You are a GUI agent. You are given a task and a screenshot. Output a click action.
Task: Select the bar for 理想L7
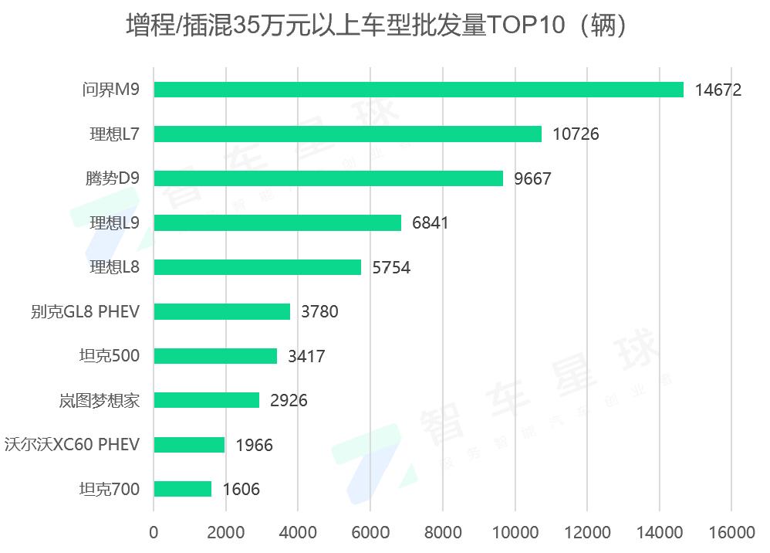(x=347, y=134)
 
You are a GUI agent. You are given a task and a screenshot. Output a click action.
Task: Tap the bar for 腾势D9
(x=328, y=178)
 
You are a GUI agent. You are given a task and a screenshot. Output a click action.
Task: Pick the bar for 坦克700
(x=182, y=489)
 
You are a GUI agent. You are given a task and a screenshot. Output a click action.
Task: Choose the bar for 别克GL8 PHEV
(x=221, y=311)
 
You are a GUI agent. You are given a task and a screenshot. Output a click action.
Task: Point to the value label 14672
(x=718, y=90)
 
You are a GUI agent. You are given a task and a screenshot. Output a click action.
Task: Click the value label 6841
(x=430, y=223)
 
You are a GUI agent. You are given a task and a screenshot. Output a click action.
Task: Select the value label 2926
(x=289, y=401)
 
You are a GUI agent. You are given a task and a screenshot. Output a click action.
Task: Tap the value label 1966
(x=254, y=445)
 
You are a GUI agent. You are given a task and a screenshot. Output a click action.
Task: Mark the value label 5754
(x=390, y=267)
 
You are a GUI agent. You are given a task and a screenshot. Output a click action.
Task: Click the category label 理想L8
(x=114, y=267)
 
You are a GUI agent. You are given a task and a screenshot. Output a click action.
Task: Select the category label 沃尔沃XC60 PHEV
(x=72, y=445)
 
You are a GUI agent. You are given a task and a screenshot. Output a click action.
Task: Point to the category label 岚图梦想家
(x=99, y=401)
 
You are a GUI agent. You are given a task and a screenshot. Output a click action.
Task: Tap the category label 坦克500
(x=110, y=356)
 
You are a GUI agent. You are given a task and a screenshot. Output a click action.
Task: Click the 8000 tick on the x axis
(x=443, y=533)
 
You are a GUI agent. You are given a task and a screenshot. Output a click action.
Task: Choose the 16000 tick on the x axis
(x=731, y=533)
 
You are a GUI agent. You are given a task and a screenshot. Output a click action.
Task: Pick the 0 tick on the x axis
(x=154, y=533)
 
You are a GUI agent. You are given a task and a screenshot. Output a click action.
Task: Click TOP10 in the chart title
(x=522, y=26)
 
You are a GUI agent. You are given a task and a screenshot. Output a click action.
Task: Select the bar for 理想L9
(x=277, y=223)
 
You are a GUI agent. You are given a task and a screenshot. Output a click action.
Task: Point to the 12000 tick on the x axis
(x=587, y=533)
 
